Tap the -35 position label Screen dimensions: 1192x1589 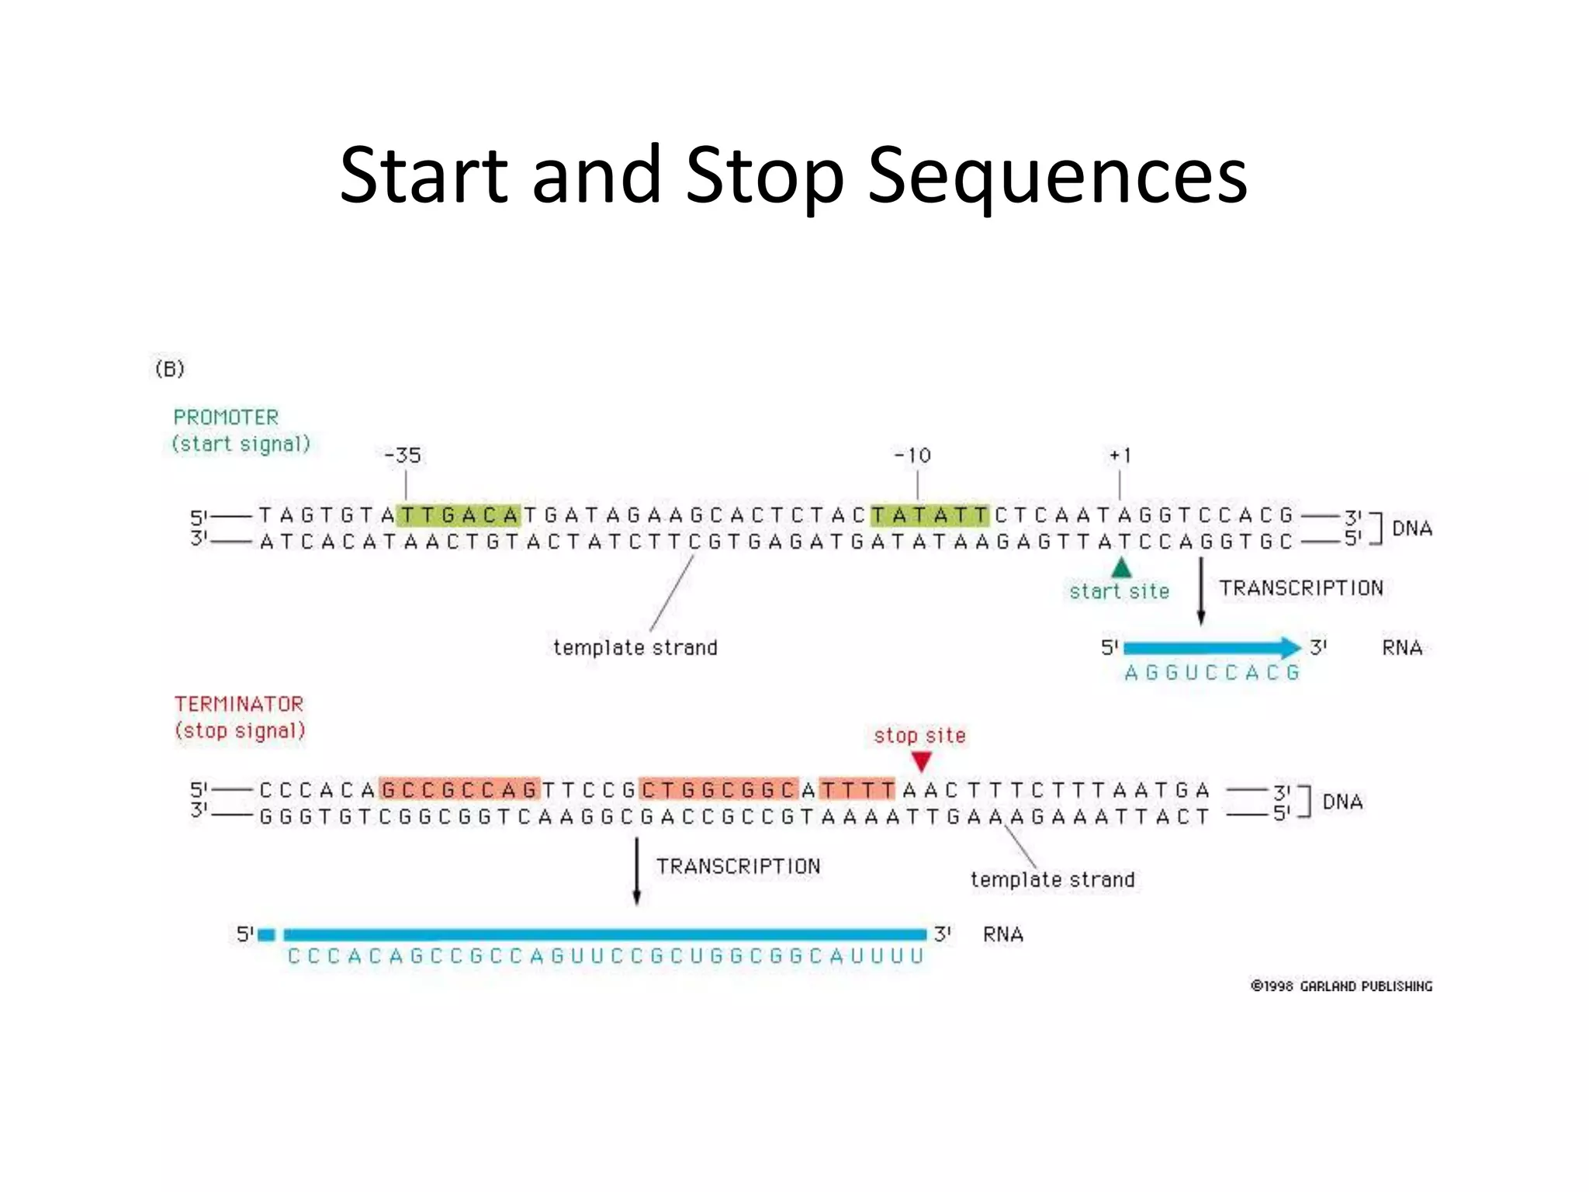[403, 456]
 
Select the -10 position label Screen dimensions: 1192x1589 [913, 456]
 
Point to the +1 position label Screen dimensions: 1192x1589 [1120, 456]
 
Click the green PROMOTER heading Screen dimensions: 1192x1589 [226, 418]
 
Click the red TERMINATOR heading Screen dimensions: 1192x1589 [239, 704]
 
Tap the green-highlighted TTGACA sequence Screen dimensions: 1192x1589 [459, 515]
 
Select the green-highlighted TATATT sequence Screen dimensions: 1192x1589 [930, 515]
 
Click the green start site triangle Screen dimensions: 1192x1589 [1121, 568]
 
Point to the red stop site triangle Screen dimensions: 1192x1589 [921, 761]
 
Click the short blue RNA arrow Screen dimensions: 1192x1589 [1210, 647]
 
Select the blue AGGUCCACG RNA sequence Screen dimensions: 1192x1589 [1212, 673]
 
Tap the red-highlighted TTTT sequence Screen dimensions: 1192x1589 [857, 790]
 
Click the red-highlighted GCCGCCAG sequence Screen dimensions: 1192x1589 [459, 790]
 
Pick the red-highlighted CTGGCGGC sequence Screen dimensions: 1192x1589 [718, 790]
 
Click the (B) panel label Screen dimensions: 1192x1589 [170, 369]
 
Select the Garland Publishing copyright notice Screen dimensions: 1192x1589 [1341, 986]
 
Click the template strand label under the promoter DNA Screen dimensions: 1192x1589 [635, 647]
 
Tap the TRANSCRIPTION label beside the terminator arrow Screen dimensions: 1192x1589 [738, 866]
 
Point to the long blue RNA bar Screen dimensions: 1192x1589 [605, 934]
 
